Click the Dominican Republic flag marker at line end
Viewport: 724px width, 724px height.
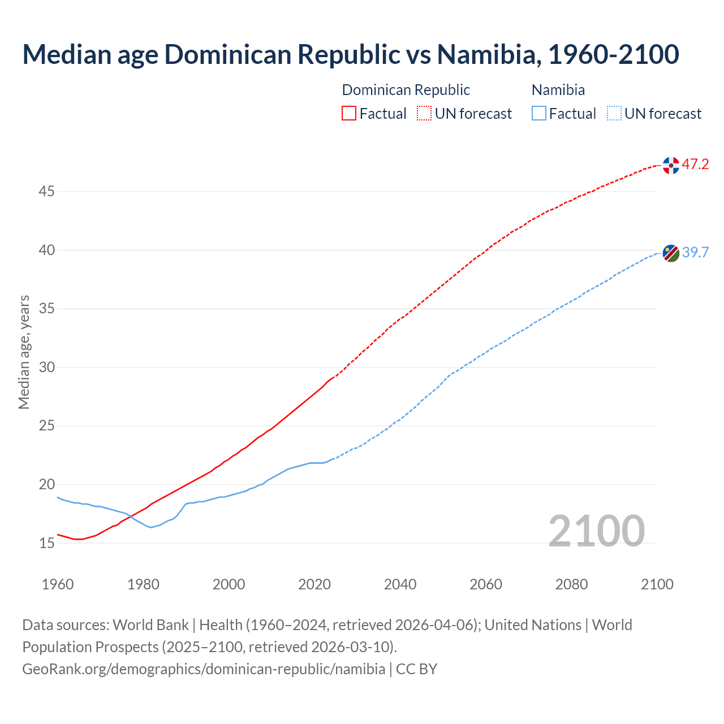pos(671,166)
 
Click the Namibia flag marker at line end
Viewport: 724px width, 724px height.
pos(671,253)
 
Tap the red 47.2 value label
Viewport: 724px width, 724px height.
pos(695,165)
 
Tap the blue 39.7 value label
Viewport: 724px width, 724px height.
pos(695,252)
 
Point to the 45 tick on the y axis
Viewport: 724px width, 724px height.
pos(46,192)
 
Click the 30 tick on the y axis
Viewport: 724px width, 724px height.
pos(46,368)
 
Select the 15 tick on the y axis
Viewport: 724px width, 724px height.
pos(46,543)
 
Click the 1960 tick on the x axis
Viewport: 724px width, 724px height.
pos(58,584)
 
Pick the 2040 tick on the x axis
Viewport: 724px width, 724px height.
pos(400,584)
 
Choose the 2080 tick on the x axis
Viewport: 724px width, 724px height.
pos(571,584)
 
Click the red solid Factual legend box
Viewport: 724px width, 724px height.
pos(349,114)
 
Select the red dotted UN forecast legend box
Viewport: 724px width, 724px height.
pos(424,114)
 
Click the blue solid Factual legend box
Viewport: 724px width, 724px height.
pos(539,114)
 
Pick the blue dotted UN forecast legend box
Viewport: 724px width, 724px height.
pos(614,114)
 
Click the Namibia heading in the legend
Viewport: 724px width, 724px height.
pos(558,90)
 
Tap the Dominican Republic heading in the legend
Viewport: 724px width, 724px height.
pos(406,90)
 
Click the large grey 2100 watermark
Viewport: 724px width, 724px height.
pos(596,531)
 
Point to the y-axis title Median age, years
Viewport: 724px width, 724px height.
pos(24,352)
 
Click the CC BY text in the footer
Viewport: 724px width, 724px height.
pos(416,669)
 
